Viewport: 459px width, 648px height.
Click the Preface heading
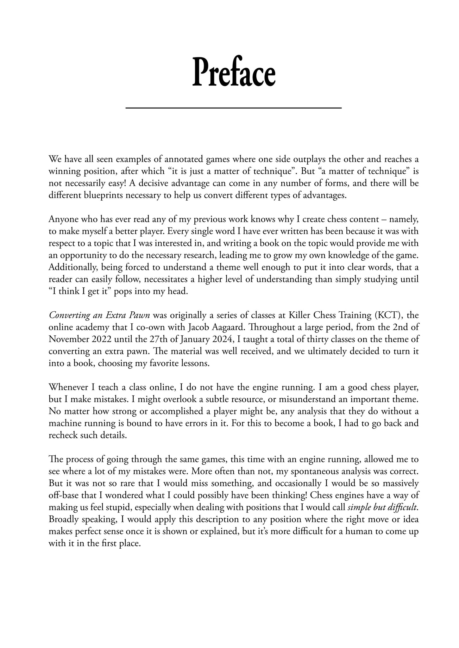234,72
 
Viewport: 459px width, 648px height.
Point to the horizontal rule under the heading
234,108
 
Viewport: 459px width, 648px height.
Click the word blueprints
103,195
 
